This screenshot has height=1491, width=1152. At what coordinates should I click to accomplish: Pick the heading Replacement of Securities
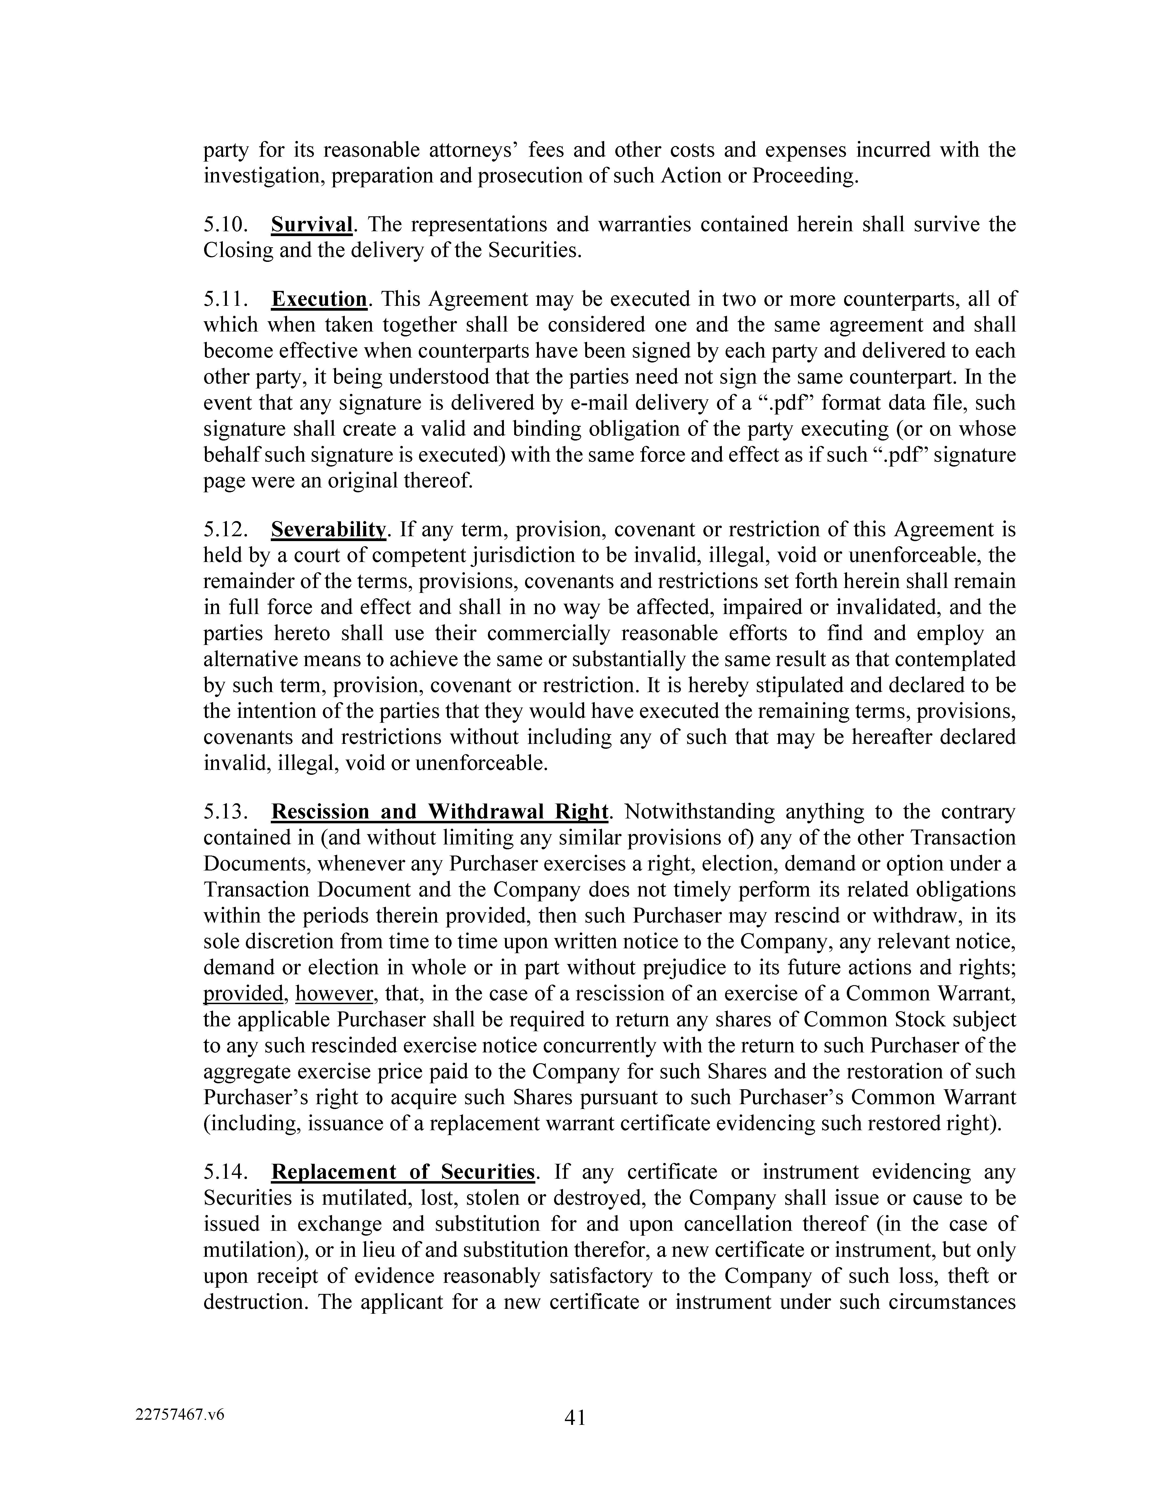coord(403,1171)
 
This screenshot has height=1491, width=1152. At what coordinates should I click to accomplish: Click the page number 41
coord(575,1418)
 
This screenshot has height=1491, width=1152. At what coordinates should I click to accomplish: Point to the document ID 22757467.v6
coord(180,1415)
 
